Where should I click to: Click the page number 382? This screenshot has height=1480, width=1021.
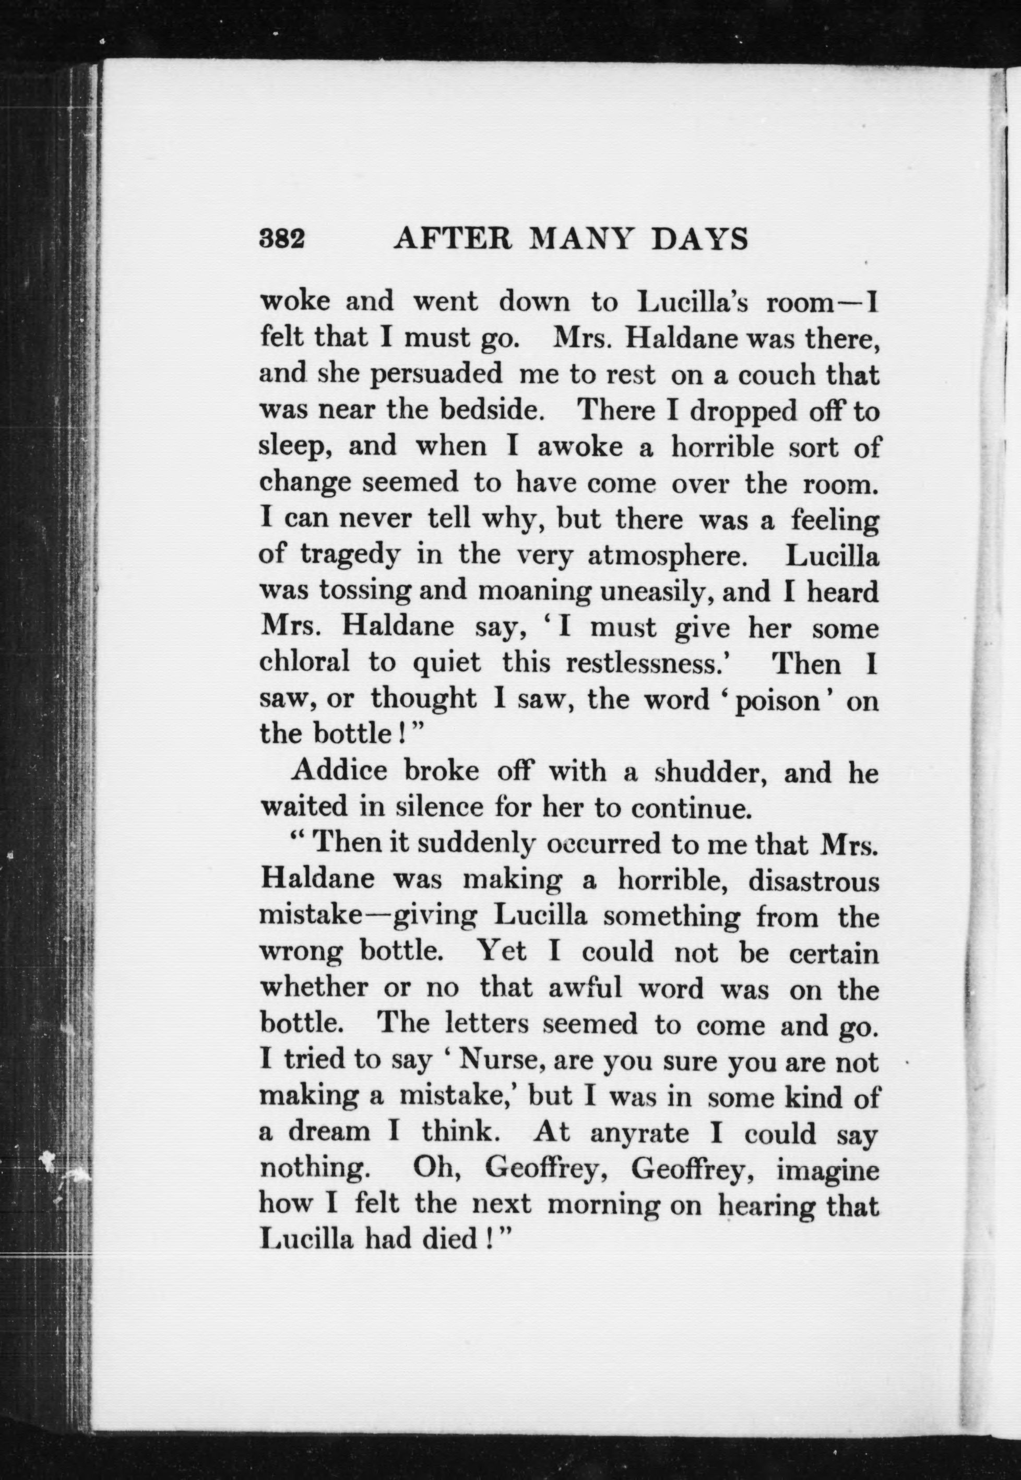click(x=282, y=239)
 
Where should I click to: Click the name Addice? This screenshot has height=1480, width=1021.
click(x=339, y=771)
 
